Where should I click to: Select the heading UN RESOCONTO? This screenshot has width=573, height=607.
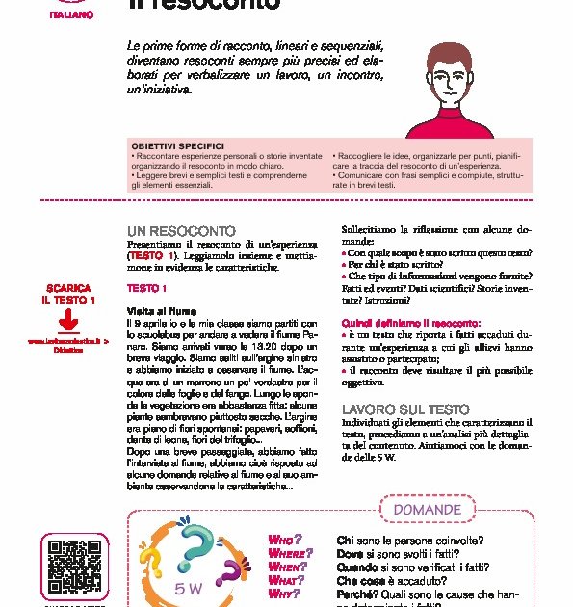click(181, 232)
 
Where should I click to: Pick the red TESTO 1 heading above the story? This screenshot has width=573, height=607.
click(147, 288)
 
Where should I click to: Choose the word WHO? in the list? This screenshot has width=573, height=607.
click(285, 540)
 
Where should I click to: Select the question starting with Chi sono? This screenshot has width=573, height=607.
click(410, 541)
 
